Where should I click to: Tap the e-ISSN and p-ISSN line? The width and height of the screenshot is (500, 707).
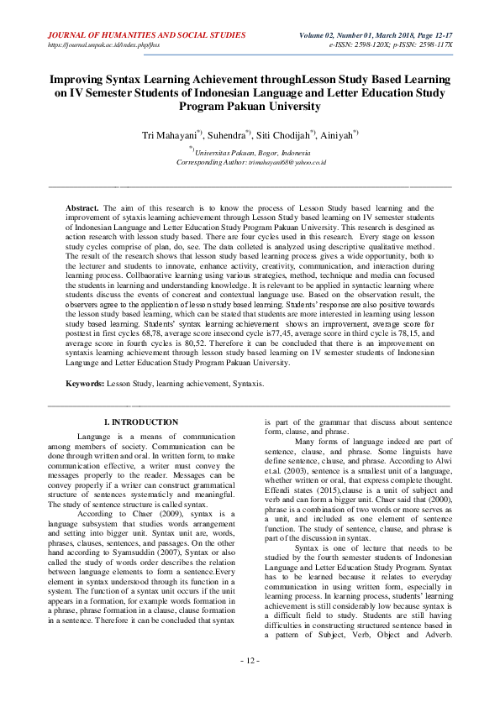392,45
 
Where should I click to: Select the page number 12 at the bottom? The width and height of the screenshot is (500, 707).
250,685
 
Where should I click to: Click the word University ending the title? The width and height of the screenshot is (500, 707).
292,107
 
